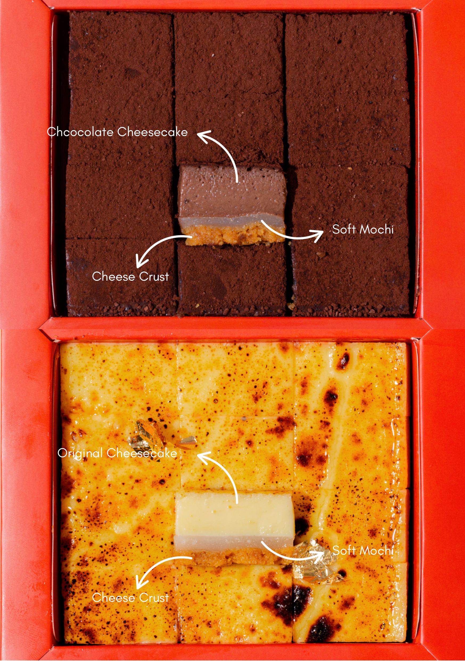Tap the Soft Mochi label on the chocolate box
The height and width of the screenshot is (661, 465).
363,230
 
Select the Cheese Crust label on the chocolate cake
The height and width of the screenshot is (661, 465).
130,276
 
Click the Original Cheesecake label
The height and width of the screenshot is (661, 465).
117,453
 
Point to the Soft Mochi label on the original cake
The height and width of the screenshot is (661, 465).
363,550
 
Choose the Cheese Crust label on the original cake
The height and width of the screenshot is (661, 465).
130,598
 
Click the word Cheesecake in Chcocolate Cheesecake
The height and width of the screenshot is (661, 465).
152,132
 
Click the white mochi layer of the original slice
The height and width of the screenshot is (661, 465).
219,543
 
